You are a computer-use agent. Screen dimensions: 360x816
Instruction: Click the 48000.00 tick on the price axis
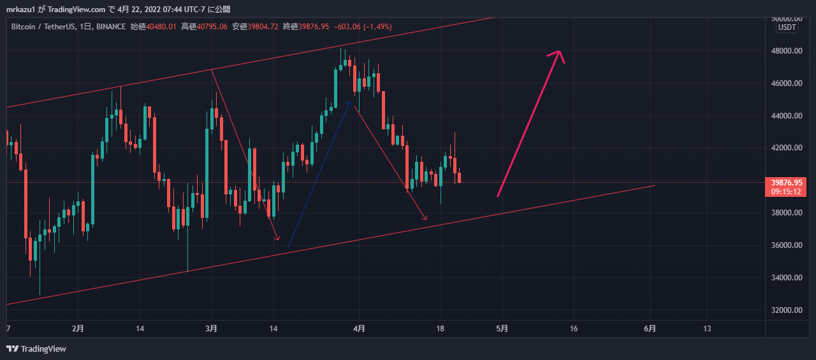pos(786,51)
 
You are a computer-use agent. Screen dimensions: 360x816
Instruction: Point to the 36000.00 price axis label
pos(786,245)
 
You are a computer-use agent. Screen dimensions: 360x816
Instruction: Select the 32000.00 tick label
pos(786,310)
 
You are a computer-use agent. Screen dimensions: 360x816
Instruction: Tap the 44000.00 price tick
pos(786,116)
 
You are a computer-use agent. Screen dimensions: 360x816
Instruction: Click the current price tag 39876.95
pos(785,182)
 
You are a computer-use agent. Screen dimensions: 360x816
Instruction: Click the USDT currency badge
pos(787,27)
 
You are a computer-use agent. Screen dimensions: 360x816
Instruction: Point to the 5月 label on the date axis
pos(502,329)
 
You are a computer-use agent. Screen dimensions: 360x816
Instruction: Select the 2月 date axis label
pos(78,329)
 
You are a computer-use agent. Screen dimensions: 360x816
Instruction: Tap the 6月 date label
pos(650,329)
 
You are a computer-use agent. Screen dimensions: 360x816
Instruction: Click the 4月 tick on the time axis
pos(359,329)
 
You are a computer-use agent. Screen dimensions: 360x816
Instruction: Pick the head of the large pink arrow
pos(559,52)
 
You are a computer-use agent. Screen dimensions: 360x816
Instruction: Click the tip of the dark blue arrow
pos(349,101)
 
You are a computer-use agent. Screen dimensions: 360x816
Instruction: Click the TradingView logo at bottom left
pos(36,349)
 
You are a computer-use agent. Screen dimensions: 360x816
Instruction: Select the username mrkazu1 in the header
pos(20,10)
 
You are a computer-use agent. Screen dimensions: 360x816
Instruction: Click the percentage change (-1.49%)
pos(377,27)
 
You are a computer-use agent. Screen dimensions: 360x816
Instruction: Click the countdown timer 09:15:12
pos(785,191)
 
